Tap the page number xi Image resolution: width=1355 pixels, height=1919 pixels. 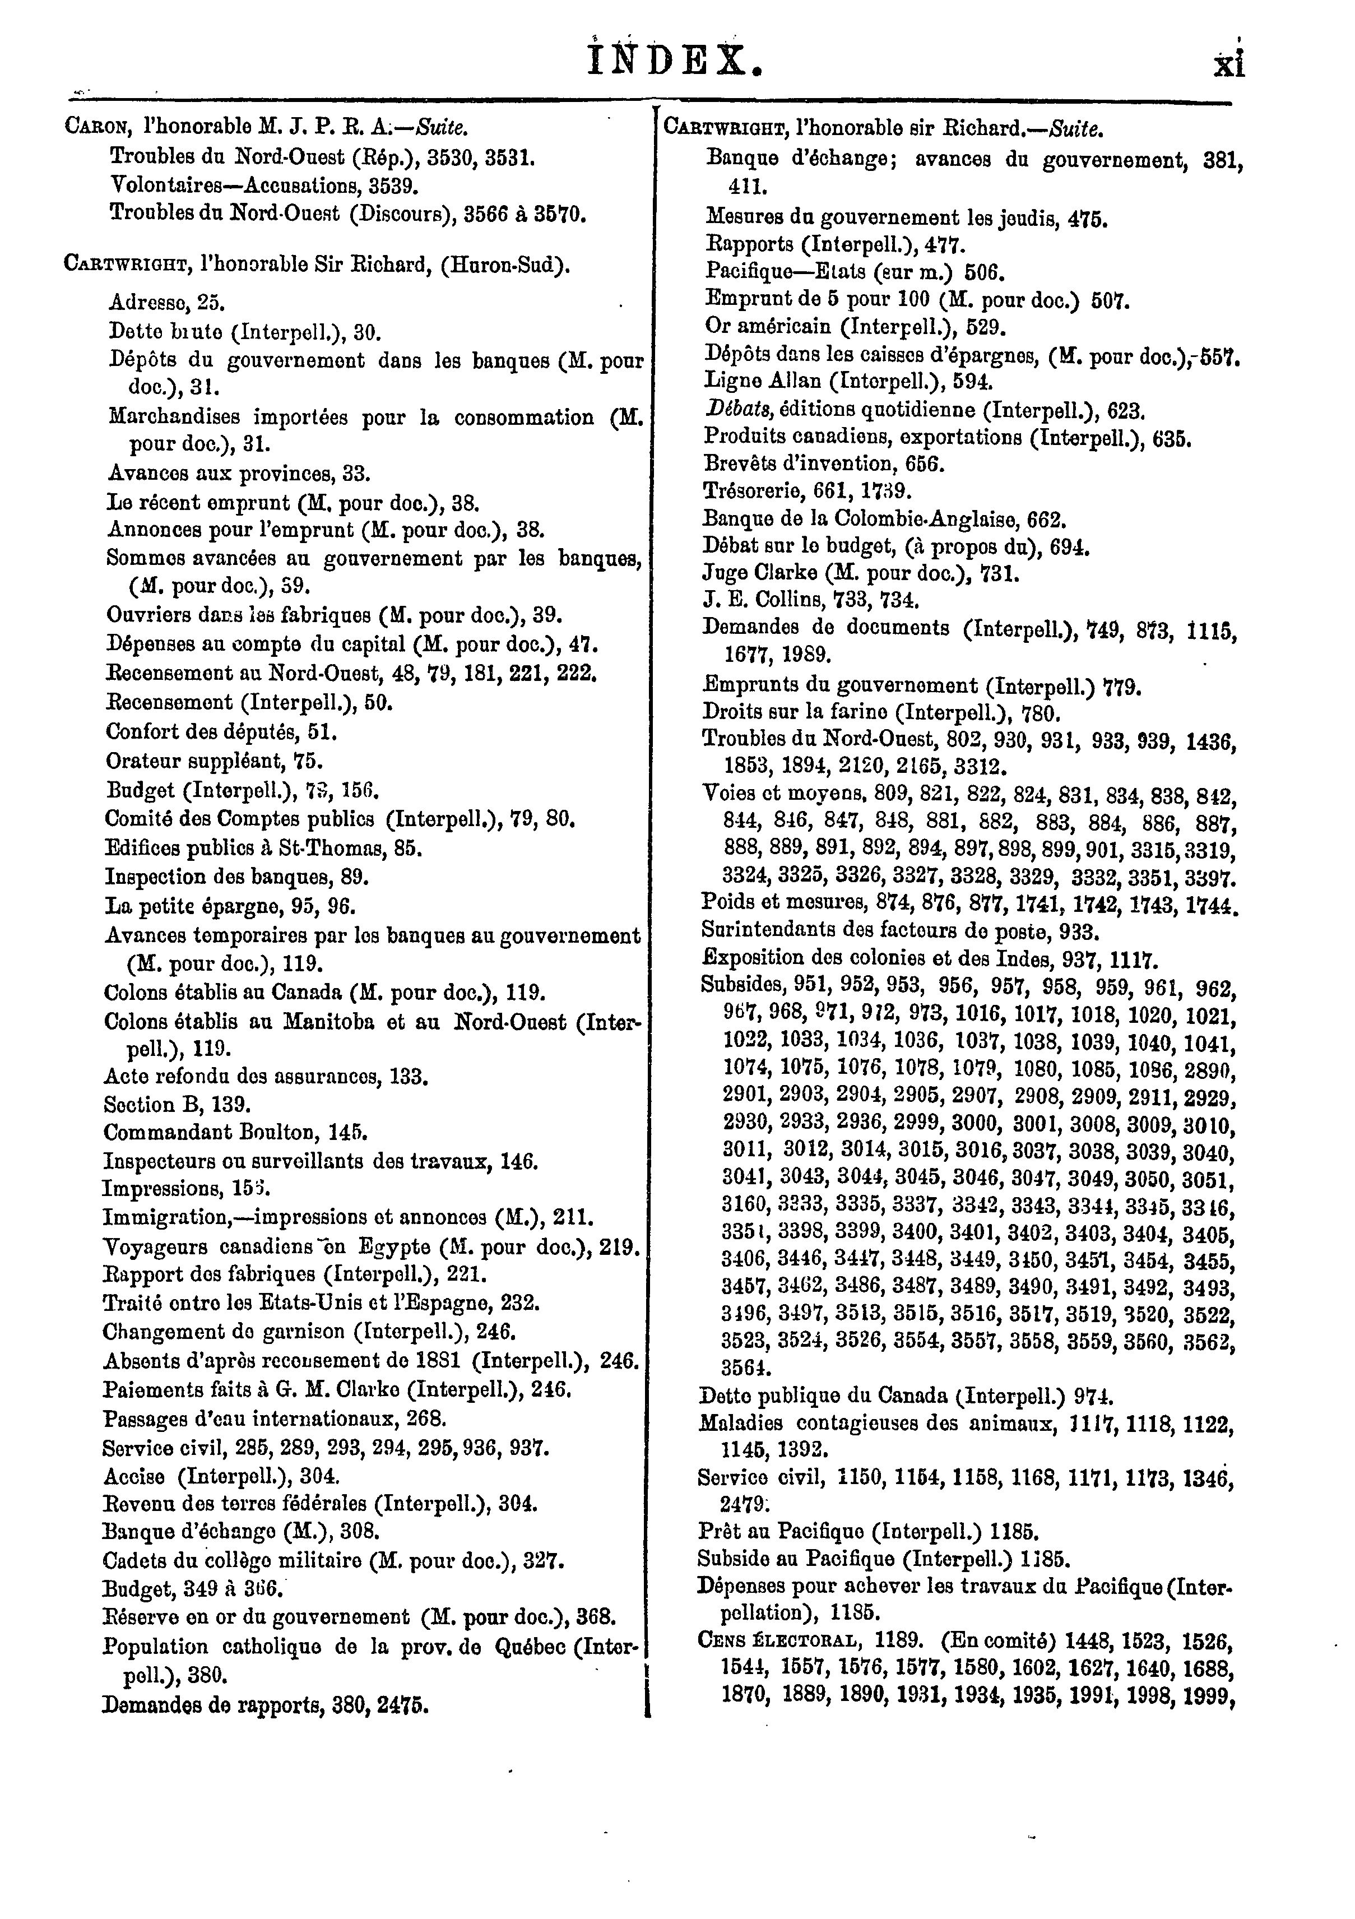[1229, 63]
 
